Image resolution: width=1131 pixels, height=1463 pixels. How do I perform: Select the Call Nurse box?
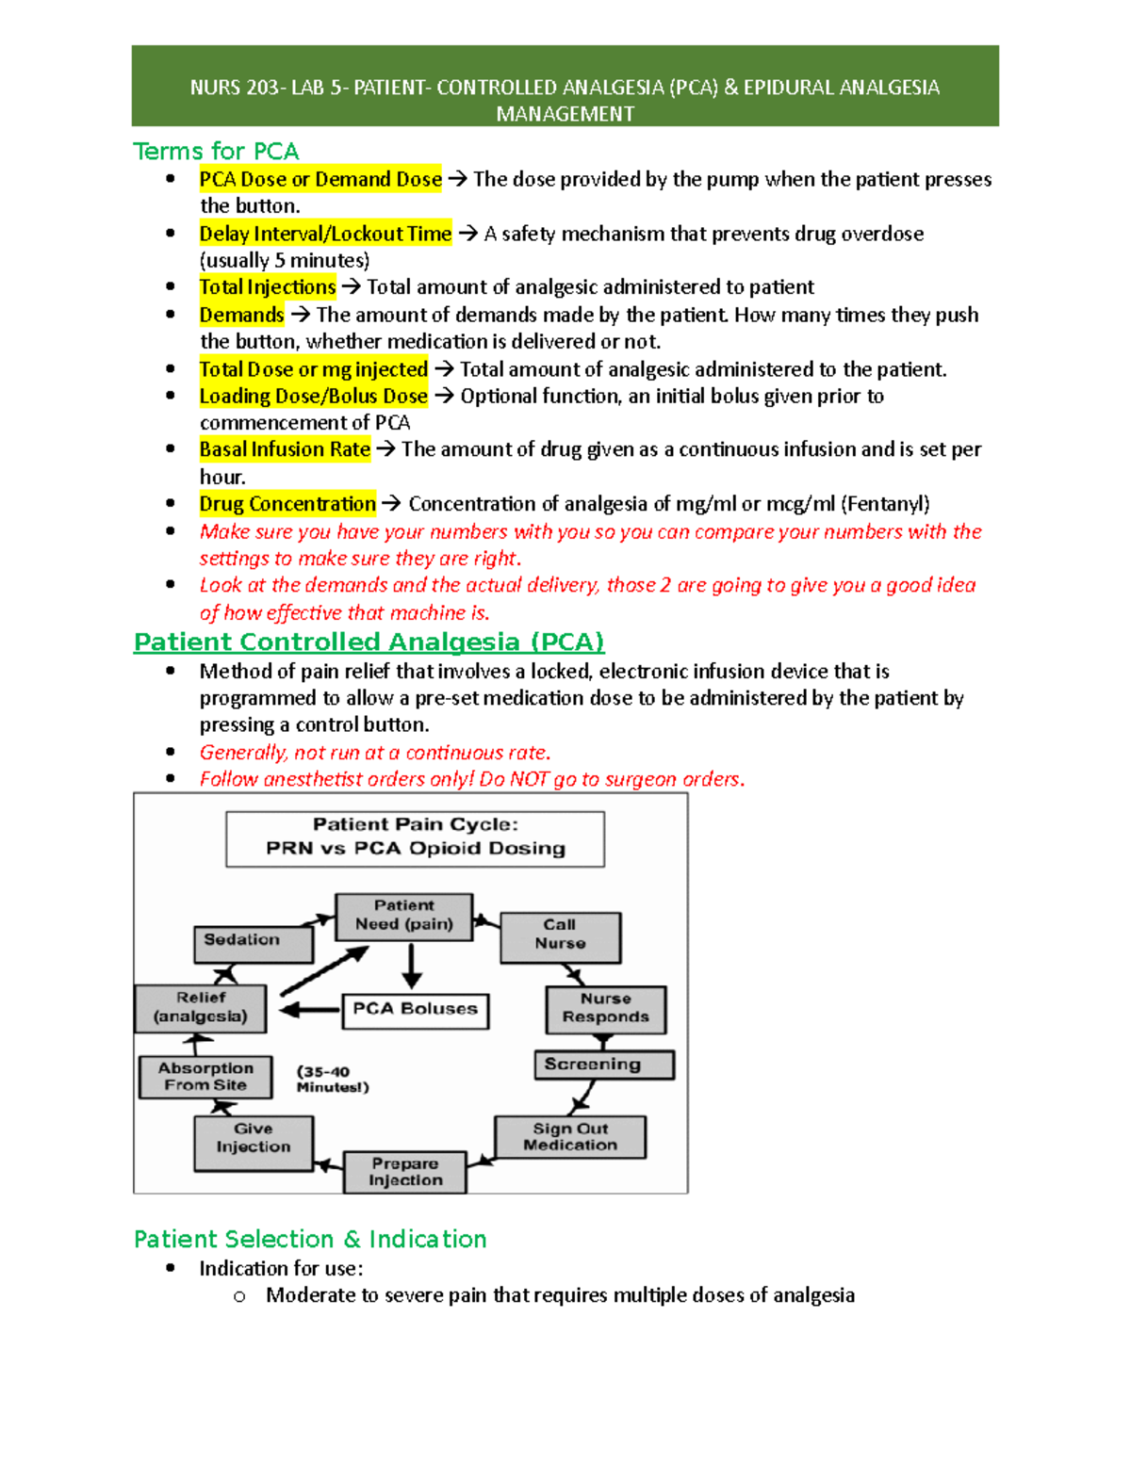point(560,936)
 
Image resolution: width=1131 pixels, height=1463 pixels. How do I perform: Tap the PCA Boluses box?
point(415,1010)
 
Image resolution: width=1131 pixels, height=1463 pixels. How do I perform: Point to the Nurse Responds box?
point(605,1009)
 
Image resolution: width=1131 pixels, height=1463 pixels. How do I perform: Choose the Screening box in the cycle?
point(603,1065)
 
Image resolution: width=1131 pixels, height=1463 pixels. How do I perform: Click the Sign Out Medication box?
point(570,1137)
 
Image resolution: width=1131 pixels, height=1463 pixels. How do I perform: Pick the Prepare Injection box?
point(404,1172)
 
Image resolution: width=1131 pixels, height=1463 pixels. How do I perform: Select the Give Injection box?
point(253,1142)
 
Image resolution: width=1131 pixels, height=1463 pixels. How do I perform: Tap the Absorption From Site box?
point(205,1077)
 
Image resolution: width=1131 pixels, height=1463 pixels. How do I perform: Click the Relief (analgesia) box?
point(200,1008)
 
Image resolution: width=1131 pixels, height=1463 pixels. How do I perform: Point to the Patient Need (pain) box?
point(403,917)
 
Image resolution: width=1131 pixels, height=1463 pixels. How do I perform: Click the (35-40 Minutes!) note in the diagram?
point(332,1080)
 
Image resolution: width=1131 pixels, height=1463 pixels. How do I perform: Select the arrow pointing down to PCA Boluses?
point(412,966)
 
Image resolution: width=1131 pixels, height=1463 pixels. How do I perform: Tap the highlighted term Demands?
point(241,315)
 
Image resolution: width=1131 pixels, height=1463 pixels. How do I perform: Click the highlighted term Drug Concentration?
point(287,504)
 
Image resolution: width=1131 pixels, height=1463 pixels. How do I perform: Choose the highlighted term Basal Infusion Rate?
point(285,449)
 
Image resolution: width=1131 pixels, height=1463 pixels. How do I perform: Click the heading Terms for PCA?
point(216,152)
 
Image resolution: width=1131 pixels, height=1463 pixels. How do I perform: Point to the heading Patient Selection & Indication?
point(310,1239)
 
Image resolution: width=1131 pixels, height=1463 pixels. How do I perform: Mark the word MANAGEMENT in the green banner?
point(565,114)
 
